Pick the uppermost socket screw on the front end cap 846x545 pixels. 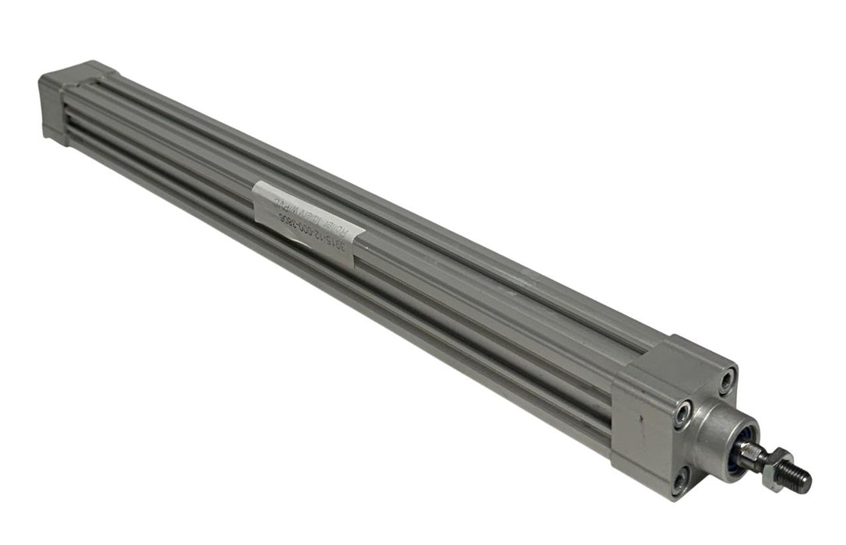[726, 381]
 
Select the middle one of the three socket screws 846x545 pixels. [683, 414]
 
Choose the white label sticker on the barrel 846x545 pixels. [308, 223]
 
